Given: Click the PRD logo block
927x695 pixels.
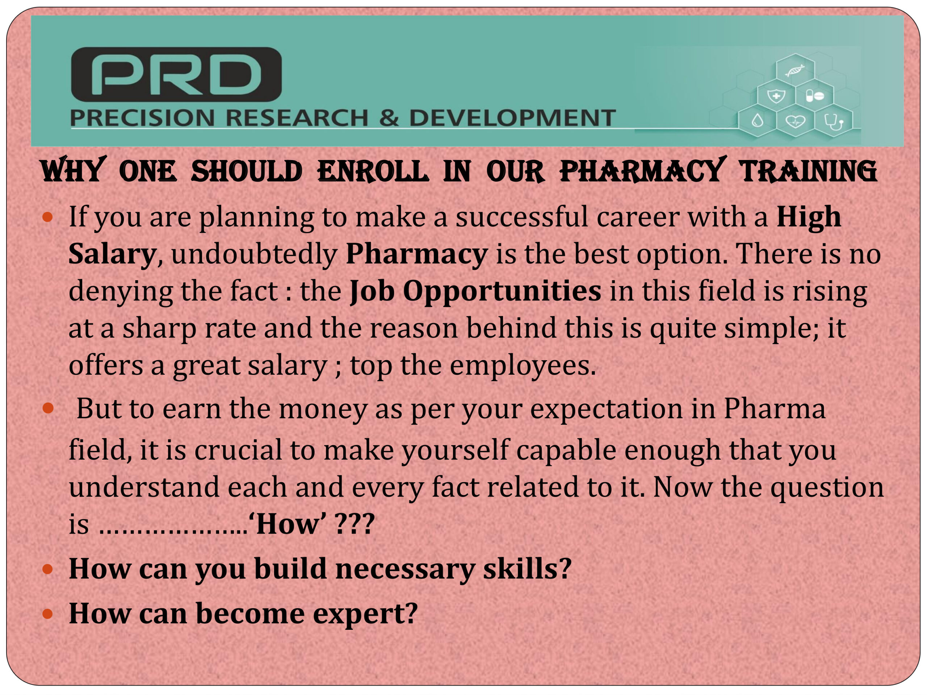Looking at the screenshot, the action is (x=176, y=74).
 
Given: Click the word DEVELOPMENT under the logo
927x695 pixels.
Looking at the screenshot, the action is (x=512, y=118).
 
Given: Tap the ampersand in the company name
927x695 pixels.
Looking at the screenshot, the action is (x=389, y=118).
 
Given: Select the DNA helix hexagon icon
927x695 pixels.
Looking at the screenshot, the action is (x=795, y=70).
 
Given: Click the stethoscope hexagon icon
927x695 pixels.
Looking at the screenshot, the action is (x=834, y=122).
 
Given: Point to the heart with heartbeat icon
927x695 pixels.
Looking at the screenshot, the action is (x=795, y=122).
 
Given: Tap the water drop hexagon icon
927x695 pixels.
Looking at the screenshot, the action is (x=757, y=122).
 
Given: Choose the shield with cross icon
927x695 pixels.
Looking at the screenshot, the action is (x=776, y=96).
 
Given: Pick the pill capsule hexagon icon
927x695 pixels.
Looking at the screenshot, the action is (x=815, y=96).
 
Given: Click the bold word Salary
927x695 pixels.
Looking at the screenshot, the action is (x=112, y=254).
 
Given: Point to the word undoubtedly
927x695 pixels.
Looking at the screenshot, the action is (x=254, y=254).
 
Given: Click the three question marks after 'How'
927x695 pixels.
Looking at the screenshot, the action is (x=355, y=524).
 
